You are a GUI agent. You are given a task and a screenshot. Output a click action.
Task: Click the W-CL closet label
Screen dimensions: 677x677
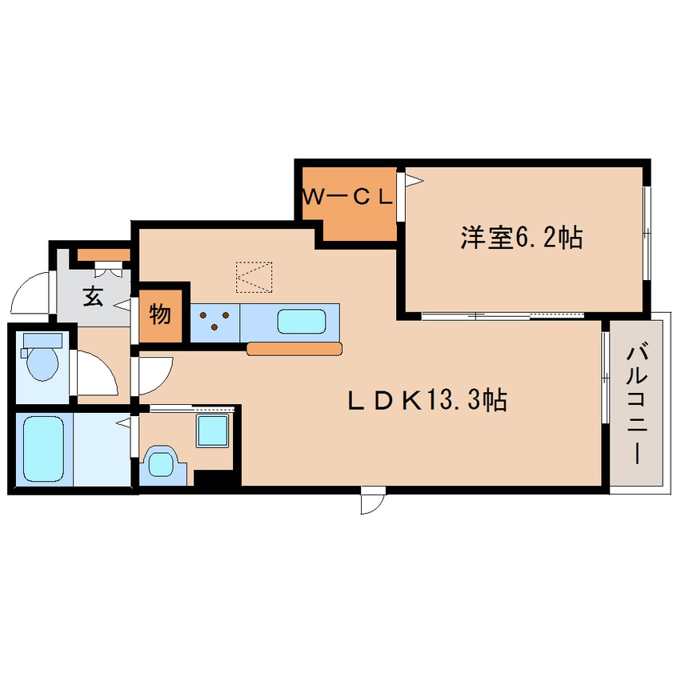tap(348, 198)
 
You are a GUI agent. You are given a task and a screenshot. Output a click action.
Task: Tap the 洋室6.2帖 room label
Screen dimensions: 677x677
tap(522, 237)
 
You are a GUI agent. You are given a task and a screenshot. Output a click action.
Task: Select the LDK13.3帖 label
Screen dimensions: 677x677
tap(427, 400)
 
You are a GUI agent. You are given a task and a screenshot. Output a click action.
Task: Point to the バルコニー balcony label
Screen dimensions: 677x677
tap(637, 404)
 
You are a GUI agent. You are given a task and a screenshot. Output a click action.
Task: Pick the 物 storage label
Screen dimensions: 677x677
tap(160, 314)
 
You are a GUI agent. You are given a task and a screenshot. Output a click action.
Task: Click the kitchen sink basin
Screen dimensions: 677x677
tap(302, 321)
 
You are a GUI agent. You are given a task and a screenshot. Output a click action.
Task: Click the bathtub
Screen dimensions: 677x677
tap(43, 449)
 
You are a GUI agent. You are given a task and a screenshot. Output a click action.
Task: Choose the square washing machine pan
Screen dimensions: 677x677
tap(212, 431)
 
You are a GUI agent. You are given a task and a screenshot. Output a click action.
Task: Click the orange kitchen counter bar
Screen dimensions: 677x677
tap(294, 348)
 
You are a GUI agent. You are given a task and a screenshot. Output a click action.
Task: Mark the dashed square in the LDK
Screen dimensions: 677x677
tap(254, 277)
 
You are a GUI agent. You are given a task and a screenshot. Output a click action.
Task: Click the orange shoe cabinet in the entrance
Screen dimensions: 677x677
tap(103, 254)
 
